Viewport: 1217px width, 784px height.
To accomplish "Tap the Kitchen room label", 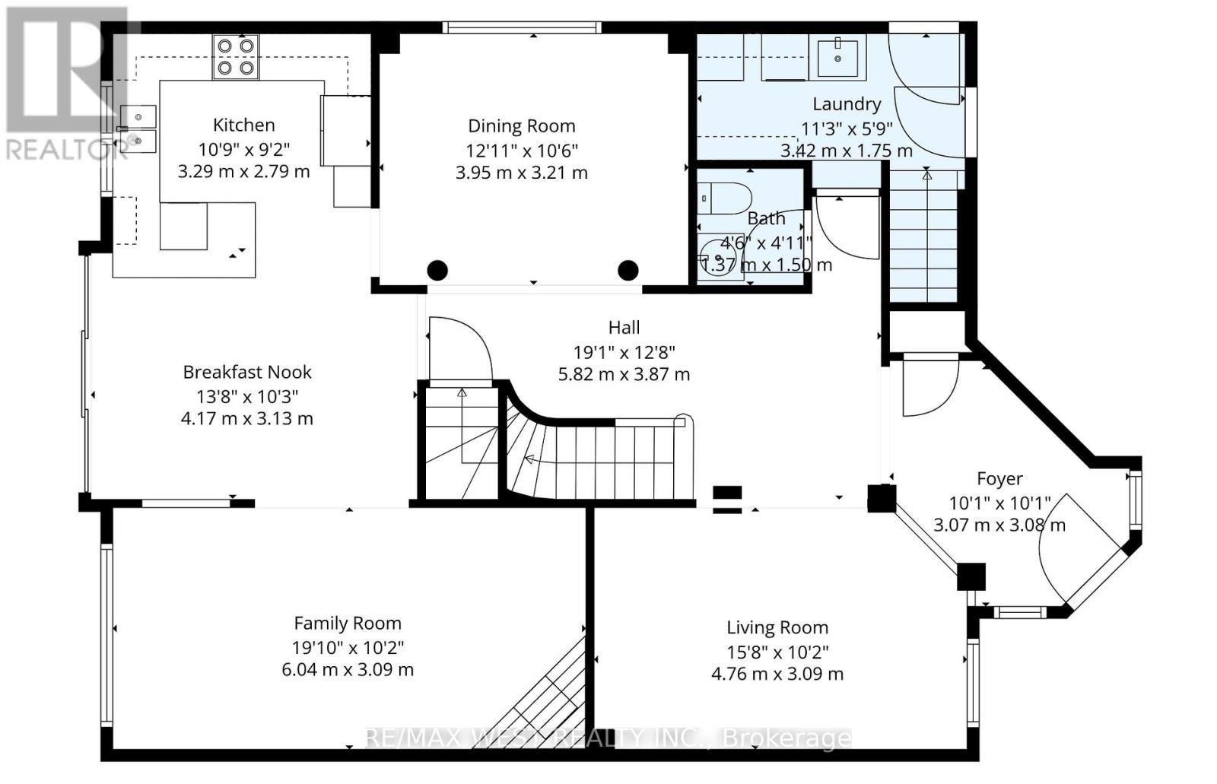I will (243, 125).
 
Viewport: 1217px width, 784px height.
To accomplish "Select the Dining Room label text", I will (521, 126).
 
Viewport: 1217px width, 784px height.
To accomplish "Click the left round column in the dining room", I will (437, 270).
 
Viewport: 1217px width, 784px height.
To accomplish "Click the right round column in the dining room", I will (628, 270).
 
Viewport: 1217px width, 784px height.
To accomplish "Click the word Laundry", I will (846, 104).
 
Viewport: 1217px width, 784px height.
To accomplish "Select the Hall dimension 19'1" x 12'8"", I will (624, 351).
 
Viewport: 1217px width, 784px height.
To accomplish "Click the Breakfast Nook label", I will (247, 372).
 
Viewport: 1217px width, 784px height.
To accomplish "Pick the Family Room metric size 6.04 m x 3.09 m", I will (348, 670).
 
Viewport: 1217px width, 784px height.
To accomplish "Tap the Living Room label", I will (777, 628).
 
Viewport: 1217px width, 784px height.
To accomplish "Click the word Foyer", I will (999, 479).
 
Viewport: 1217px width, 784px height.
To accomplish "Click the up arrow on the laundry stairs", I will (926, 176).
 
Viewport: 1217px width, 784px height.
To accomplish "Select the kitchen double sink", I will (138, 128).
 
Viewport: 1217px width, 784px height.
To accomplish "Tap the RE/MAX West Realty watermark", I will (608, 738).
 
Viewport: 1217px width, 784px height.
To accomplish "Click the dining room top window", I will (522, 27).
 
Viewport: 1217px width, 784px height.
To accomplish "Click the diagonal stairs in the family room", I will (544, 696).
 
